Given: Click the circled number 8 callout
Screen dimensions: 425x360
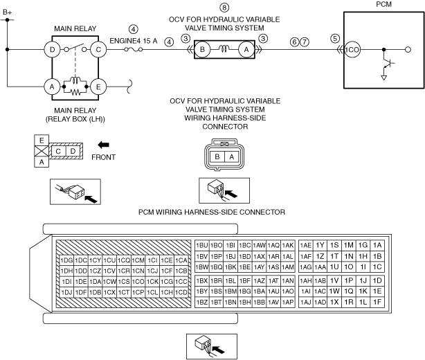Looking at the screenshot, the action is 224,8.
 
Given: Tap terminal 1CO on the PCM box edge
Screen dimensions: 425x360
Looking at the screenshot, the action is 352,50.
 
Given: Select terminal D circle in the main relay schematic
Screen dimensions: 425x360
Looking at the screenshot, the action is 52,50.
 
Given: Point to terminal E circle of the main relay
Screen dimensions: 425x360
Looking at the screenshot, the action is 98,87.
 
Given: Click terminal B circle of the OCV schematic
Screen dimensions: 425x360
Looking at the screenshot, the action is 203,50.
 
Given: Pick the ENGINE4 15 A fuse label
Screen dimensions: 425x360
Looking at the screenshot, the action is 134,41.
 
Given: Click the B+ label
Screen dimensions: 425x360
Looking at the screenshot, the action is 8,12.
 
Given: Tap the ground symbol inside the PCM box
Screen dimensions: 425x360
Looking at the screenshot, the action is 383,78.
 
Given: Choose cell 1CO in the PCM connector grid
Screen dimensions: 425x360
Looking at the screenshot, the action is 138,282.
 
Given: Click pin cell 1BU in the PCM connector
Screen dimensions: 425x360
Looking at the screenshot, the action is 202,245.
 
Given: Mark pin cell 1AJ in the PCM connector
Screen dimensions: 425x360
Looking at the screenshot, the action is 306,302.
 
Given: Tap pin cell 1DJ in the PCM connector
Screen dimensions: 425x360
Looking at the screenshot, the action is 66,292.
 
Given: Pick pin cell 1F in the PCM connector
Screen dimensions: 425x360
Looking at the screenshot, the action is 377,302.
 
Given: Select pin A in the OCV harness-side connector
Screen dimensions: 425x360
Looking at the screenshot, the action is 231,156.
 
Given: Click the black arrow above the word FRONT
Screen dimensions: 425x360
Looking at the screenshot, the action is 103,145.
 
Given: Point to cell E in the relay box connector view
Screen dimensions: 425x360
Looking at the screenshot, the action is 42,141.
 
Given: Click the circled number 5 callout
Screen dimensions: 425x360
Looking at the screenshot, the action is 335,38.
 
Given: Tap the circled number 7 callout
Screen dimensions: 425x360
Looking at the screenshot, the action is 305,42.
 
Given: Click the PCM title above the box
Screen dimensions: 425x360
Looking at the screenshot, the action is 383,4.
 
